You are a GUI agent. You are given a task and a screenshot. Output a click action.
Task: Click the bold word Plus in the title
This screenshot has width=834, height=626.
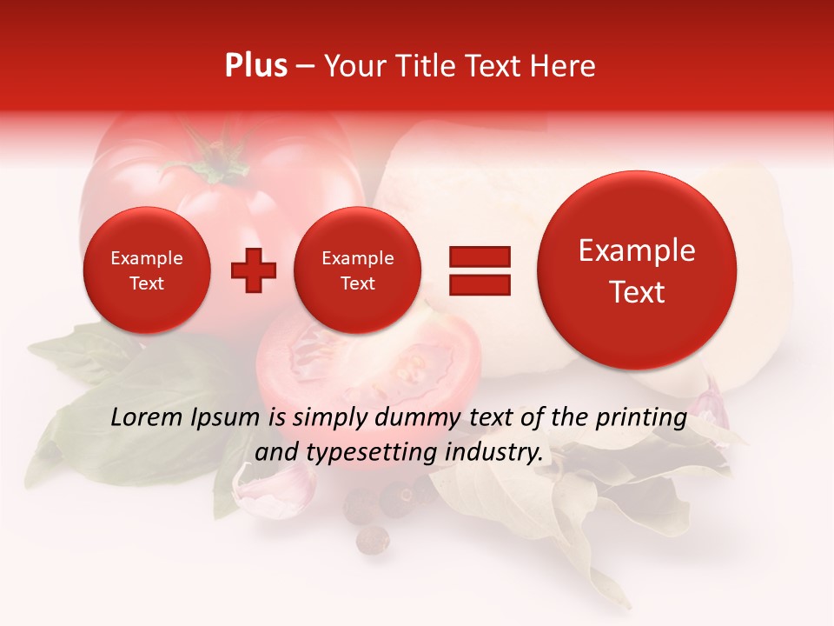(255, 66)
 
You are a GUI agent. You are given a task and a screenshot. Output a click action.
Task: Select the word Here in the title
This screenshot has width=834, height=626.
(563, 66)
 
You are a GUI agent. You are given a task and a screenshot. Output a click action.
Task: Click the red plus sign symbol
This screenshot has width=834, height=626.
(254, 270)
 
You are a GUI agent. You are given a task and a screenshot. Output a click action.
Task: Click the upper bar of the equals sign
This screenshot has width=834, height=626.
(479, 256)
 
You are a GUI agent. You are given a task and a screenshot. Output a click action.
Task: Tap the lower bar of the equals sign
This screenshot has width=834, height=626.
(479, 284)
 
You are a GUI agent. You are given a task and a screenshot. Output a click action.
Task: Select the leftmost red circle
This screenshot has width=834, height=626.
(147, 270)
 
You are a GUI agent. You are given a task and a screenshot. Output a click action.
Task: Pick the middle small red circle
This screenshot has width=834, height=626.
(357, 270)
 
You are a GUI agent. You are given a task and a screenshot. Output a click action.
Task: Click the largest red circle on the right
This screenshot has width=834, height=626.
(637, 270)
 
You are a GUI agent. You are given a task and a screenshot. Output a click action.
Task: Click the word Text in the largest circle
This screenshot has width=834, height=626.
(637, 292)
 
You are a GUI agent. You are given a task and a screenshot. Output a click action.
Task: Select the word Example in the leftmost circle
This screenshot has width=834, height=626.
(147, 258)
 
